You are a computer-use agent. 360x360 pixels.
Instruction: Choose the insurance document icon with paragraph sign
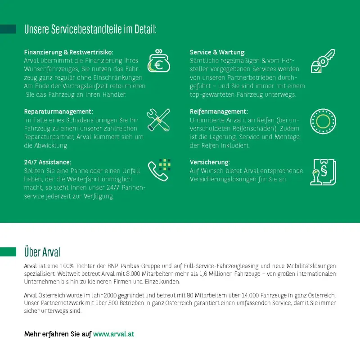(323, 172)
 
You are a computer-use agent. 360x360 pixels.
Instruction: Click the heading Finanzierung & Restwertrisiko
(68, 52)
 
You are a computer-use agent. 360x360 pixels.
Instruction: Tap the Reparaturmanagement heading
(58, 111)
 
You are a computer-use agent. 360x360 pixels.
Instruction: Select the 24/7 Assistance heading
(48, 162)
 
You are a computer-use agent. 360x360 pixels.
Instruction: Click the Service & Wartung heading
(218, 52)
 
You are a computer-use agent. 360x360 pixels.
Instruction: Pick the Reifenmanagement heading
(219, 111)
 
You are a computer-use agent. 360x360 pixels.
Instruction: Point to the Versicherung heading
(210, 162)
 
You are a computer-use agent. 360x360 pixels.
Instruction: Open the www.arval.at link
(114, 334)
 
